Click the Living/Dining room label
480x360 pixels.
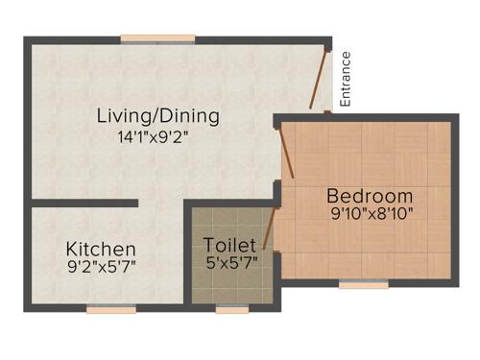158,116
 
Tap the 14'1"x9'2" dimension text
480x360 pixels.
159,136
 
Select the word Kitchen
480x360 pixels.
100,249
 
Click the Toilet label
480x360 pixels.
229,246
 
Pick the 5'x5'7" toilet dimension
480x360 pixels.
230,262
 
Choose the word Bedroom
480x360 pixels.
370,196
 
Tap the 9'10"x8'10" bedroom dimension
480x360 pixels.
371,214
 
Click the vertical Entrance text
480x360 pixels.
347,78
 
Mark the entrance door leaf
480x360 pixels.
320,78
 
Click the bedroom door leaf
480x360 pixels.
285,154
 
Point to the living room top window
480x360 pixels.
158,38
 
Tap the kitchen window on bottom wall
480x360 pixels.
111,309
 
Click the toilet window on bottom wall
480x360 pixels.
231,309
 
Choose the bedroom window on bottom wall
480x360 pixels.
364,284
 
